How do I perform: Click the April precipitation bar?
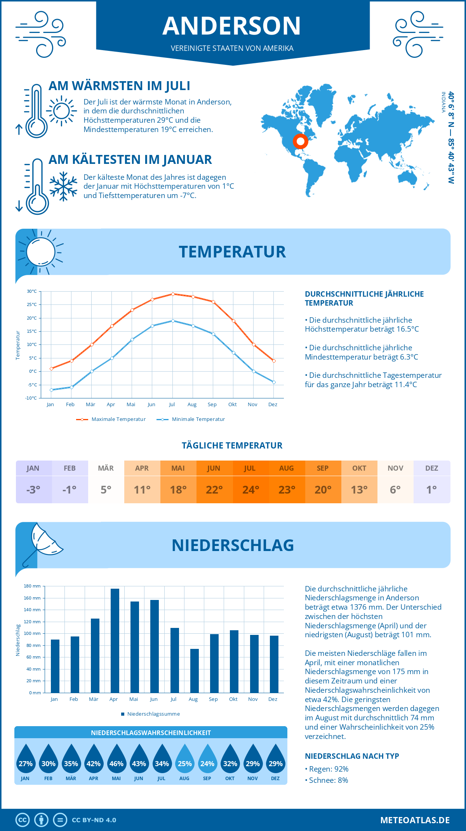point(115,641)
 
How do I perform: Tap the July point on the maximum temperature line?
point(173,294)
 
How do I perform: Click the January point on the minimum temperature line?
point(51,390)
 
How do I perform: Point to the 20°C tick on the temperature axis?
point(32,318)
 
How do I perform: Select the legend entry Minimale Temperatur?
point(191,419)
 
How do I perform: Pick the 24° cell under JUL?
point(251,490)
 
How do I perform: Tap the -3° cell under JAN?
point(33,490)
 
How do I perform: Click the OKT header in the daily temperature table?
point(359,468)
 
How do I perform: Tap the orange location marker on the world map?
point(300,141)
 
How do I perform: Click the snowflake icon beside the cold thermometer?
point(63,186)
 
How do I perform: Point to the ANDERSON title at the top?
point(232,26)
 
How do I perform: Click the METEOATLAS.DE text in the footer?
point(415,820)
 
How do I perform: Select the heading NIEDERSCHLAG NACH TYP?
point(352,756)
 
